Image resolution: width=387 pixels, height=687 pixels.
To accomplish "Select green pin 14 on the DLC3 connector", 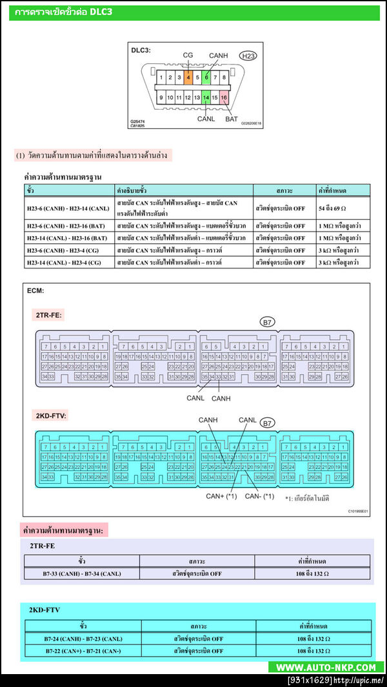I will (206, 97).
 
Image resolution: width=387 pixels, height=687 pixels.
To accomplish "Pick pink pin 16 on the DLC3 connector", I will (224, 97).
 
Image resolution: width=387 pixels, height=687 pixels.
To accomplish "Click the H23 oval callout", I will (248, 56).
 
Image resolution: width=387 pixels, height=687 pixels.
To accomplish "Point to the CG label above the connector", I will (188, 55).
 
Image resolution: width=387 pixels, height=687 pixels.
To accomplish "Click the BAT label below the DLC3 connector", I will (231, 119).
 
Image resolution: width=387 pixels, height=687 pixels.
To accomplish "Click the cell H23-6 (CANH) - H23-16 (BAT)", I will (68, 226).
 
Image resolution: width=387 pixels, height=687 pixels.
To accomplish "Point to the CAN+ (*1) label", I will (222, 496).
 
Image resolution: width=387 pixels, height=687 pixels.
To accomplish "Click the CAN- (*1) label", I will (259, 496).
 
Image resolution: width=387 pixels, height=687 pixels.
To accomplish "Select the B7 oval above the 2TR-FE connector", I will (267, 321).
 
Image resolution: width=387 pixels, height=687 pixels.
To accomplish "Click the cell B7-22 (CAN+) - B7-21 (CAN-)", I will (83, 651).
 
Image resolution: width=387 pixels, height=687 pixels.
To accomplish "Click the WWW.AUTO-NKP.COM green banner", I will (326, 667).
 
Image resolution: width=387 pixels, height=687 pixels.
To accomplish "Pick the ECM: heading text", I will (35, 291).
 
